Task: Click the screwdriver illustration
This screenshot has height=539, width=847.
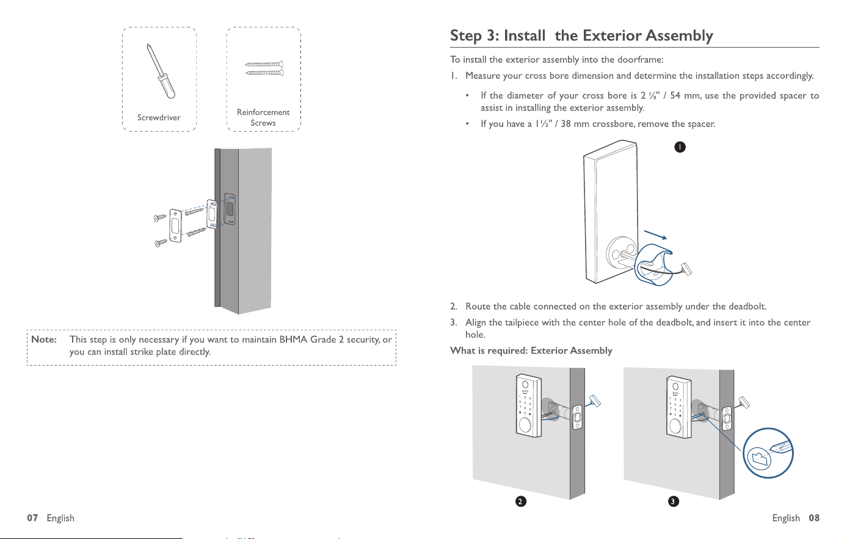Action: [x=161, y=71]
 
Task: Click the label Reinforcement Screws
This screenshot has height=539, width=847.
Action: [x=263, y=118]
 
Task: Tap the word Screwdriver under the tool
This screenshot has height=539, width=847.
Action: [x=159, y=118]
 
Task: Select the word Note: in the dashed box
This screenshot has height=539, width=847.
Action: [x=44, y=339]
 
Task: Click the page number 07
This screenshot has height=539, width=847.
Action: [x=32, y=518]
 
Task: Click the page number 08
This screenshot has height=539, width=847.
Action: [x=814, y=518]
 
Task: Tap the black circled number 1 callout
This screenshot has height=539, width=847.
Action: [x=680, y=147]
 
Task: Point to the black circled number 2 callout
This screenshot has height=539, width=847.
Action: [x=521, y=502]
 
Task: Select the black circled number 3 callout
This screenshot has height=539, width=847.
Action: [x=674, y=502]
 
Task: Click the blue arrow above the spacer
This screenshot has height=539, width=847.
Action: [x=655, y=235]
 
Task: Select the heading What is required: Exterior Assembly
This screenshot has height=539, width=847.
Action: [x=531, y=351]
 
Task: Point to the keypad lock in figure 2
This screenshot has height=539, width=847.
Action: [x=529, y=405]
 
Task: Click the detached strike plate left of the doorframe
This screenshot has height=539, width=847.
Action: [x=175, y=226]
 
